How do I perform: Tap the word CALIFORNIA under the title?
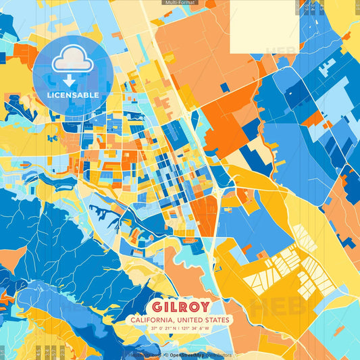[156, 319]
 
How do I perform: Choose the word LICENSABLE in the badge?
[73, 95]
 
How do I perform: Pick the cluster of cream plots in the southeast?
[297, 267]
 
